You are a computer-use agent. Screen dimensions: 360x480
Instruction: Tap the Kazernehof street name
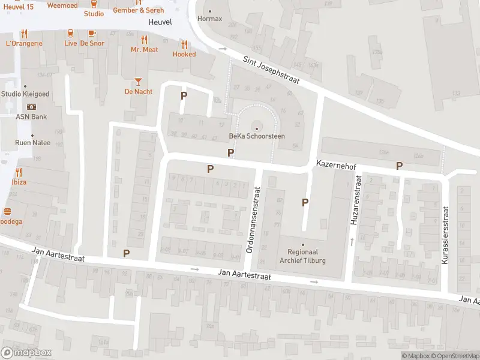point(337,164)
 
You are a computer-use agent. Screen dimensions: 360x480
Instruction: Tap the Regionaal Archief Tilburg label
point(303,256)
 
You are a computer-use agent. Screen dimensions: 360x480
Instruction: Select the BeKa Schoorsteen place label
point(257,136)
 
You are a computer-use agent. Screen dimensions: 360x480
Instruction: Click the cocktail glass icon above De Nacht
point(139,81)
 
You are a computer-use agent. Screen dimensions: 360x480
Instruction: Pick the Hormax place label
point(209,19)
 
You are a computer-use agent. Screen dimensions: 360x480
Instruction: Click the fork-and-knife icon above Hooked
point(184,44)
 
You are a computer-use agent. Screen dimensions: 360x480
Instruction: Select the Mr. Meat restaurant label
point(145,49)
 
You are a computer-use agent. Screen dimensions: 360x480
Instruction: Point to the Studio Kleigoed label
point(26,94)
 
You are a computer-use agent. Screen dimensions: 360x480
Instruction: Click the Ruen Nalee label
point(33,143)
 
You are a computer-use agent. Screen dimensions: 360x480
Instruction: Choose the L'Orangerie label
point(24,43)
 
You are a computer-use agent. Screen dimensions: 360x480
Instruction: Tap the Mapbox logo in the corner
point(26,353)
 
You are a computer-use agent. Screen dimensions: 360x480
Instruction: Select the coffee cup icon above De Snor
point(92,33)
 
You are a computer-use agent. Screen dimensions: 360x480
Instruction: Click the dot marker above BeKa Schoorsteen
point(257,127)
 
